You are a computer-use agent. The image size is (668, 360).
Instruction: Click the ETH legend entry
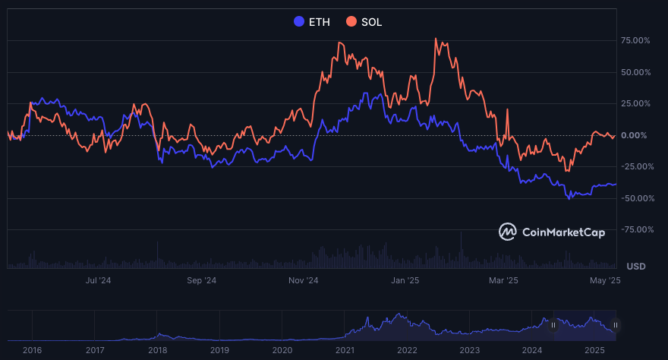[x=312, y=22]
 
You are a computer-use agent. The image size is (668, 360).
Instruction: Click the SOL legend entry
[x=364, y=22]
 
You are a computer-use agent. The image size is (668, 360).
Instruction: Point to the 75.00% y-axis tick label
[x=635, y=40]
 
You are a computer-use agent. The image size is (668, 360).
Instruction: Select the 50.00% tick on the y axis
[x=635, y=72]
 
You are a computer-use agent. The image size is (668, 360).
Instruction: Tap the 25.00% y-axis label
[x=635, y=103]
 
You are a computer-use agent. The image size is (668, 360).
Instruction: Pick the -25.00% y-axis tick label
[x=634, y=166]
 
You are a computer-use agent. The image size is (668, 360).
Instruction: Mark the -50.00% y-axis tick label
[x=634, y=198]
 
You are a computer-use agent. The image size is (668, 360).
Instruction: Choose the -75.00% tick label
[x=634, y=229]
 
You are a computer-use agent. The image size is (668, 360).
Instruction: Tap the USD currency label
[x=635, y=267]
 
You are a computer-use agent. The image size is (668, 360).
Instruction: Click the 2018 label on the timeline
[x=157, y=350]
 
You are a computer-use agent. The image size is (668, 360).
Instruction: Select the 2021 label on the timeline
[x=345, y=350]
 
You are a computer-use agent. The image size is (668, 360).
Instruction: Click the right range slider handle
[x=616, y=325]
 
